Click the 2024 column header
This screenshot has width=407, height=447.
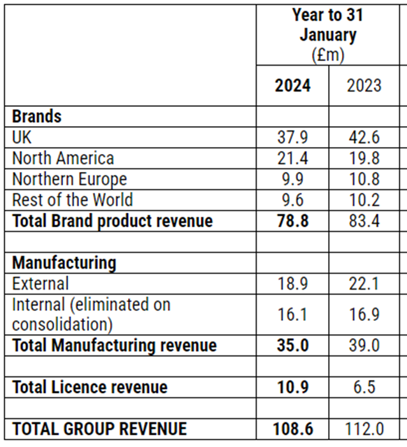coord(292,85)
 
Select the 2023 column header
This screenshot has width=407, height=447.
coord(364,85)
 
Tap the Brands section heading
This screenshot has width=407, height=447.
coord(37,117)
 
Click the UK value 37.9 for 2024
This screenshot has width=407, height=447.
coord(292,137)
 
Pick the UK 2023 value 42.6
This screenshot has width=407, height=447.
coord(364,137)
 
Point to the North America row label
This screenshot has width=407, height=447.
coord(63,158)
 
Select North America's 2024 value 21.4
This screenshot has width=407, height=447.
coord(292,158)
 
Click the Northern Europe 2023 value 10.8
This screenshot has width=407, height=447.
coord(364,179)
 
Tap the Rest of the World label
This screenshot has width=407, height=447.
coord(73,199)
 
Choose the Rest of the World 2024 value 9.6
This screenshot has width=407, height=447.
coord(292,200)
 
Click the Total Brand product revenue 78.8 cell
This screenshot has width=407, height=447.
coord(292,221)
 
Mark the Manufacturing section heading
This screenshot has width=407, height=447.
coord(64,262)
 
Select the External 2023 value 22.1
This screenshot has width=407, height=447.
coord(364,283)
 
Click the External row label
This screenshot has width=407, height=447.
coord(41,283)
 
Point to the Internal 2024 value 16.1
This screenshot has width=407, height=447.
coord(292,315)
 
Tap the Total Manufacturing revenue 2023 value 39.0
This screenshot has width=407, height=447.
coord(364,345)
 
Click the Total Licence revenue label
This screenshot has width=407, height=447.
coord(90,387)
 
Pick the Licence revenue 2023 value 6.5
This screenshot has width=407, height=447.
coord(364,387)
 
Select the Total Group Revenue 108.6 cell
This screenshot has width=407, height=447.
coord(292,429)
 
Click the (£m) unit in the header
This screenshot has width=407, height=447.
coord(328,55)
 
